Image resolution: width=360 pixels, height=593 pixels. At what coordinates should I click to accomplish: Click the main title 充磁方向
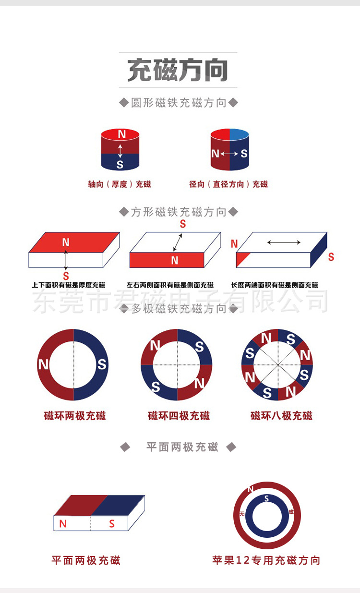178,71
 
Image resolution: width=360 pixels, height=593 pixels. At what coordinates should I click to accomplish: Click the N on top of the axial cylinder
121,134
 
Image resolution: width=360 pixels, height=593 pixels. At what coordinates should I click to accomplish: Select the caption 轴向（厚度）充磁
120,184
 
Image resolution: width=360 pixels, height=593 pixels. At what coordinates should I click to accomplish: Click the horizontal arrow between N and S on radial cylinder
229,154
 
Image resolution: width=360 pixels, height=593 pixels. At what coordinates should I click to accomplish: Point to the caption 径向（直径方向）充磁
228,184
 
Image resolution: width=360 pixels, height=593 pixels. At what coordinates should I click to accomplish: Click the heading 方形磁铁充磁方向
179,212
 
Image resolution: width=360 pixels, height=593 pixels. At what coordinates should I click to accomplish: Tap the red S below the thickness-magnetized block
66,276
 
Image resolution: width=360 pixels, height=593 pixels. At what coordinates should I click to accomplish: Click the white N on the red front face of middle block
174,260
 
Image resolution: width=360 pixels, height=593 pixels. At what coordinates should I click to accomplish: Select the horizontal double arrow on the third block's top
284,242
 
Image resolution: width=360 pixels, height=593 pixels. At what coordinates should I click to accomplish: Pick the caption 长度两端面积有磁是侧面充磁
275,285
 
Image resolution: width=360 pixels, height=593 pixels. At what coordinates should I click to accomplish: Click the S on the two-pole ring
102,364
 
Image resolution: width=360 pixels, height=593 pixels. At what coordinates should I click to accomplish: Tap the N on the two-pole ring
43,364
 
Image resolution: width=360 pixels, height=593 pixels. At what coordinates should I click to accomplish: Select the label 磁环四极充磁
179,416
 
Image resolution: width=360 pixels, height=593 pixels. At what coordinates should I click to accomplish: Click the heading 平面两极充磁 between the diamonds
182,448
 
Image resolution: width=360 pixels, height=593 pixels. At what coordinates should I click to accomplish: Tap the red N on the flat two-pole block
63,524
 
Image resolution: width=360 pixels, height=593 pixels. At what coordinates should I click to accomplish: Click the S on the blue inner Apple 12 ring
266,499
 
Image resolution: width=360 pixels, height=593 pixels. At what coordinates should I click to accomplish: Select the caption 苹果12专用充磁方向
266,560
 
